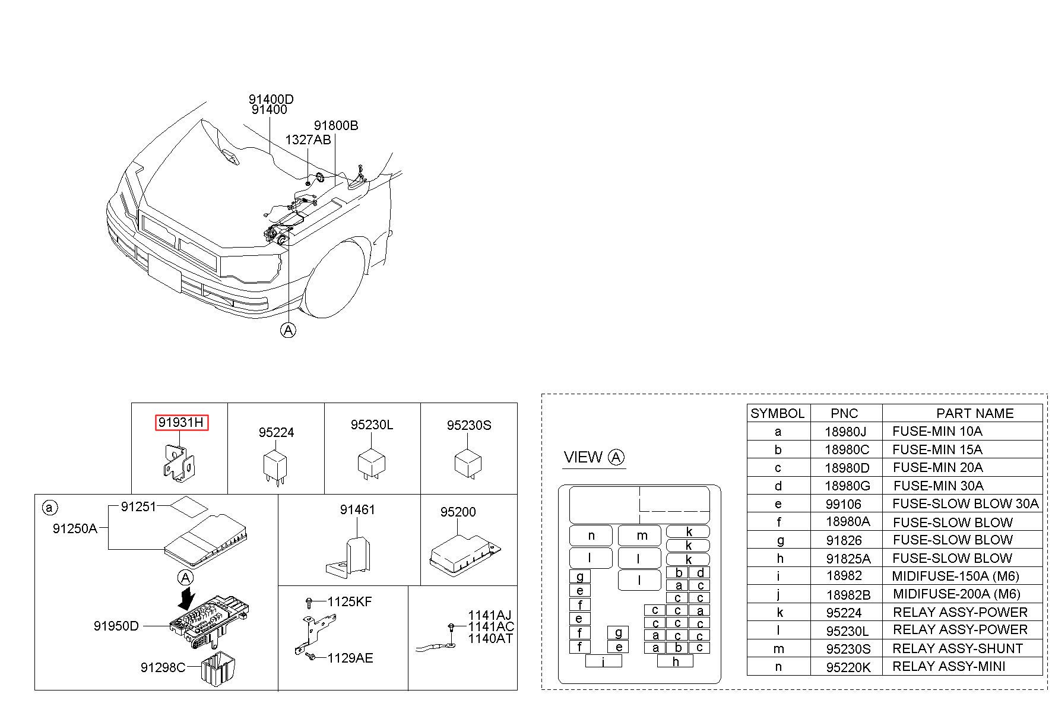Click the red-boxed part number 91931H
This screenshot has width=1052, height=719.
(182, 423)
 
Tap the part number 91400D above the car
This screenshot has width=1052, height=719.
(271, 99)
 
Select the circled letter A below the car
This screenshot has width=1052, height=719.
(288, 330)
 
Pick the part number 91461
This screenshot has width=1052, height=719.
(357, 509)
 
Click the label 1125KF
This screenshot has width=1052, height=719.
(350, 601)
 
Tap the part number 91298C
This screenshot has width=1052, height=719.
(163, 667)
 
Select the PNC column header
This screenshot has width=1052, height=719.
(844, 413)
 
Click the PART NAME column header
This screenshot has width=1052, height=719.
(975, 413)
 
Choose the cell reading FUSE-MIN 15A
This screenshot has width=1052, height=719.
(937, 449)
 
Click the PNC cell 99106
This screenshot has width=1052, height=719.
(844, 504)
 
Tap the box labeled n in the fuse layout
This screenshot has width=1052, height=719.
(591, 536)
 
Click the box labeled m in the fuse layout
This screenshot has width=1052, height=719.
(639, 536)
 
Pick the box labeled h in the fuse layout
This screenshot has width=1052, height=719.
(676, 660)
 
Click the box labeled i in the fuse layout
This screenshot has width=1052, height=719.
(603, 661)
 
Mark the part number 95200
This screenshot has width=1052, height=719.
(458, 512)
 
